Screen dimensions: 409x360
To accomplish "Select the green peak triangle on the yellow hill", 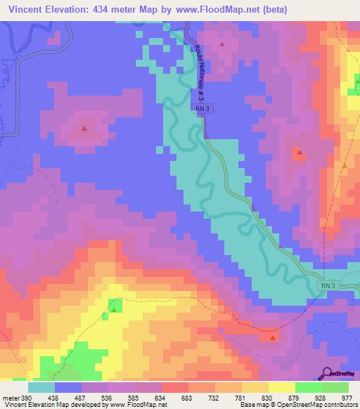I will pos(113,309).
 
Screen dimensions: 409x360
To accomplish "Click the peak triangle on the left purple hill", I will pos(84,129).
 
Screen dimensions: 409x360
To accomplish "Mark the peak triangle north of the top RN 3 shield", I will pos(223,45).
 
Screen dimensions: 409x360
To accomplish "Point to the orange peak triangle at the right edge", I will pos(345,165).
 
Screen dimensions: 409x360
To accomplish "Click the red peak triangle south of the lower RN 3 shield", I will pos(273,338).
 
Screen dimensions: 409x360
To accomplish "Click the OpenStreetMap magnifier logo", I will pos(327,372).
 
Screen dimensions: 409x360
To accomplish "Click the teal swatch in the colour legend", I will pos(41,387).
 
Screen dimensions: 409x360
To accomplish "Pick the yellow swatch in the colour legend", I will pos(282,387).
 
